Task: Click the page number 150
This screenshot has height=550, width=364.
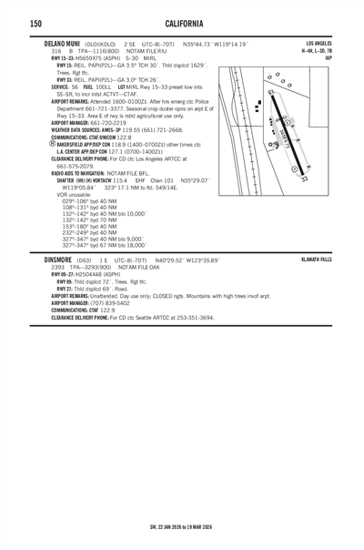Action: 11,23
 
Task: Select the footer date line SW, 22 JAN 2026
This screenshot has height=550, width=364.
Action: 181,526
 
